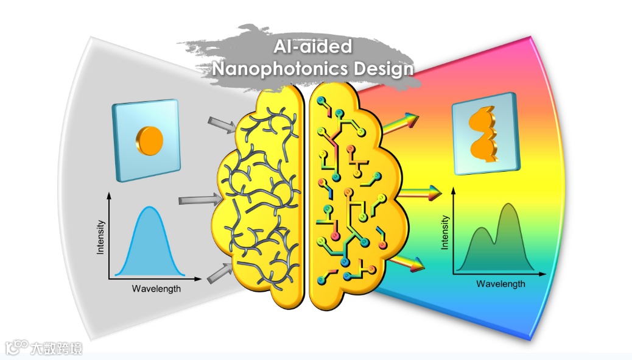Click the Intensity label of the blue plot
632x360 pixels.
coord(101,237)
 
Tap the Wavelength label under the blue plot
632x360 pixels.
coord(156,288)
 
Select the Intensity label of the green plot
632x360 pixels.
coord(445,232)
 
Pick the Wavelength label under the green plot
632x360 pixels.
coord(500,284)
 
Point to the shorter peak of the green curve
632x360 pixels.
coord(480,228)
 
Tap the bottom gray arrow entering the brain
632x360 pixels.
coord(220,272)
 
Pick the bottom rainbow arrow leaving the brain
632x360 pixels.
coord(406,262)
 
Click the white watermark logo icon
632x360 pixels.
coord(16,347)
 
